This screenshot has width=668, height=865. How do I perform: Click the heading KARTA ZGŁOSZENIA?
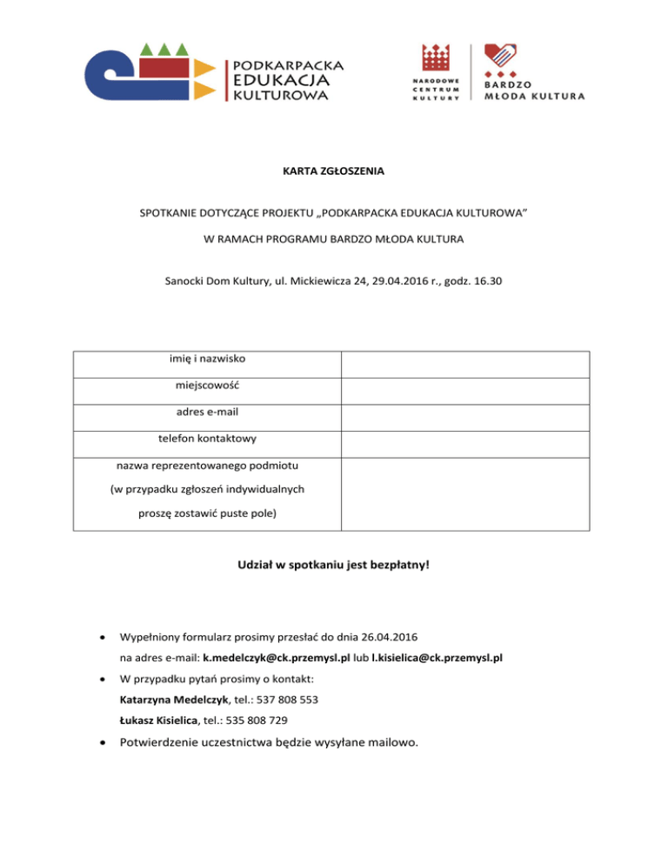[x=334, y=171]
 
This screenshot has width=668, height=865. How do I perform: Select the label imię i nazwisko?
[x=206, y=359]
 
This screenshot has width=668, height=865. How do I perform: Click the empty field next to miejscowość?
[x=465, y=390]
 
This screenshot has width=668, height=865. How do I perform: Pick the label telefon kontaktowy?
[x=206, y=440]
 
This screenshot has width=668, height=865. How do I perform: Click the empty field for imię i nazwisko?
[x=465, y=364]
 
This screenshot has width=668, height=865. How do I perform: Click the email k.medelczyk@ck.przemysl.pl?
[x=277, y=659]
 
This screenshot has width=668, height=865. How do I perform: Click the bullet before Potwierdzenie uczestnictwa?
[x=104, y=744]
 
